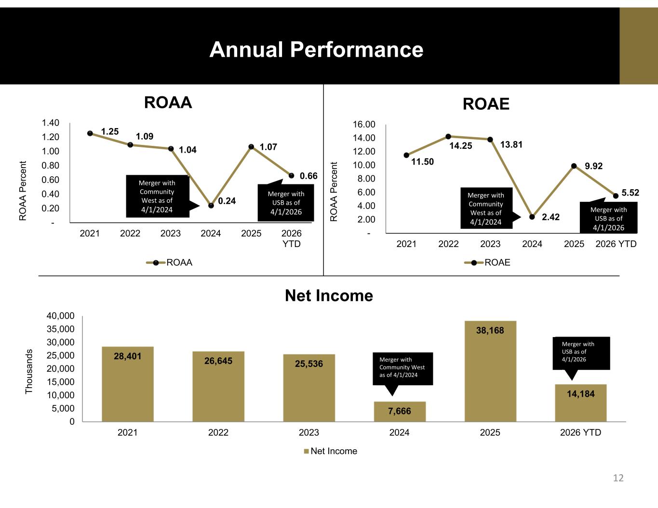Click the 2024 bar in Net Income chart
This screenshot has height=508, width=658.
[x=400, y=412]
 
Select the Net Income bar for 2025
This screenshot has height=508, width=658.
[x=490, y=371]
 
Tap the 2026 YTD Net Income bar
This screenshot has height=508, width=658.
[x=581, y=403]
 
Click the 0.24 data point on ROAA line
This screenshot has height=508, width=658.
[x=211, y=206]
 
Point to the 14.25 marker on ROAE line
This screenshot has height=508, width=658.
[x=448, y=137]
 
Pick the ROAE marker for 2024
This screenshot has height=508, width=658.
[x=532, y=217]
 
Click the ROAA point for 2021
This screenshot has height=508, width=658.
[x=90, y=133]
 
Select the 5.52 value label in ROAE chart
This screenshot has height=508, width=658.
[x=630, y=193]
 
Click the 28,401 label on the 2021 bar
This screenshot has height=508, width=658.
[x=127, y=356]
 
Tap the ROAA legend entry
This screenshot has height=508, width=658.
[x=169, y=262]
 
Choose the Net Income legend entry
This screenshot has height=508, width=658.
[x=330, y=451]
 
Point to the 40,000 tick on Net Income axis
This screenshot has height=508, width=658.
[x=60, y=316]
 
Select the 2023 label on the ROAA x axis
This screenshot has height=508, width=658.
[x=171, y=234]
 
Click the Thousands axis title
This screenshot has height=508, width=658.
[x=29, y=371]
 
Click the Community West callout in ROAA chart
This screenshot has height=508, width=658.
[x=158, y=196]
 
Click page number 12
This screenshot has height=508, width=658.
[x=618, y=478]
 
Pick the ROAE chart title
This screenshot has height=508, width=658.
[x=486, y=104]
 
